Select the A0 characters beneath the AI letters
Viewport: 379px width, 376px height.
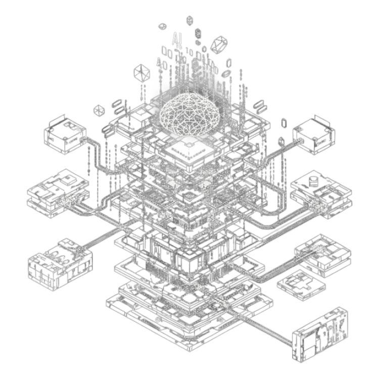tap(162, 64)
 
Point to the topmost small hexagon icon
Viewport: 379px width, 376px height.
tap(189, 20)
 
